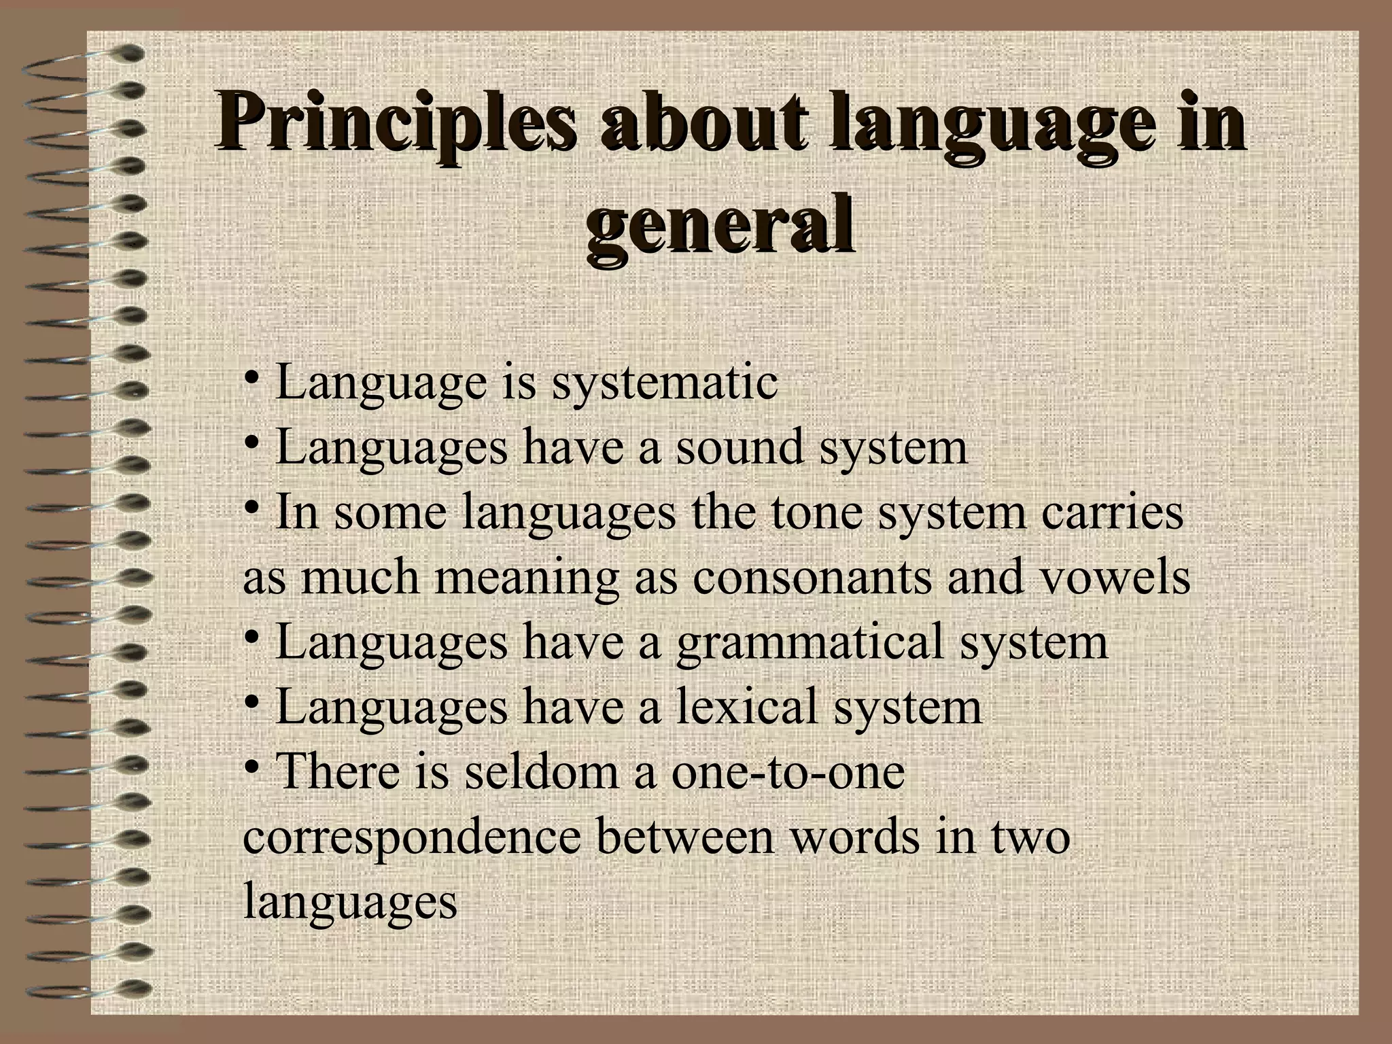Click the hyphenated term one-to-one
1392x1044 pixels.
pyautogui.click(x=788, y=773)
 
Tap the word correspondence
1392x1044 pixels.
pyautogui.click(x=412, y=838)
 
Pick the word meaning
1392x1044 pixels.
pyautogui.click(x=527, y=578)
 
